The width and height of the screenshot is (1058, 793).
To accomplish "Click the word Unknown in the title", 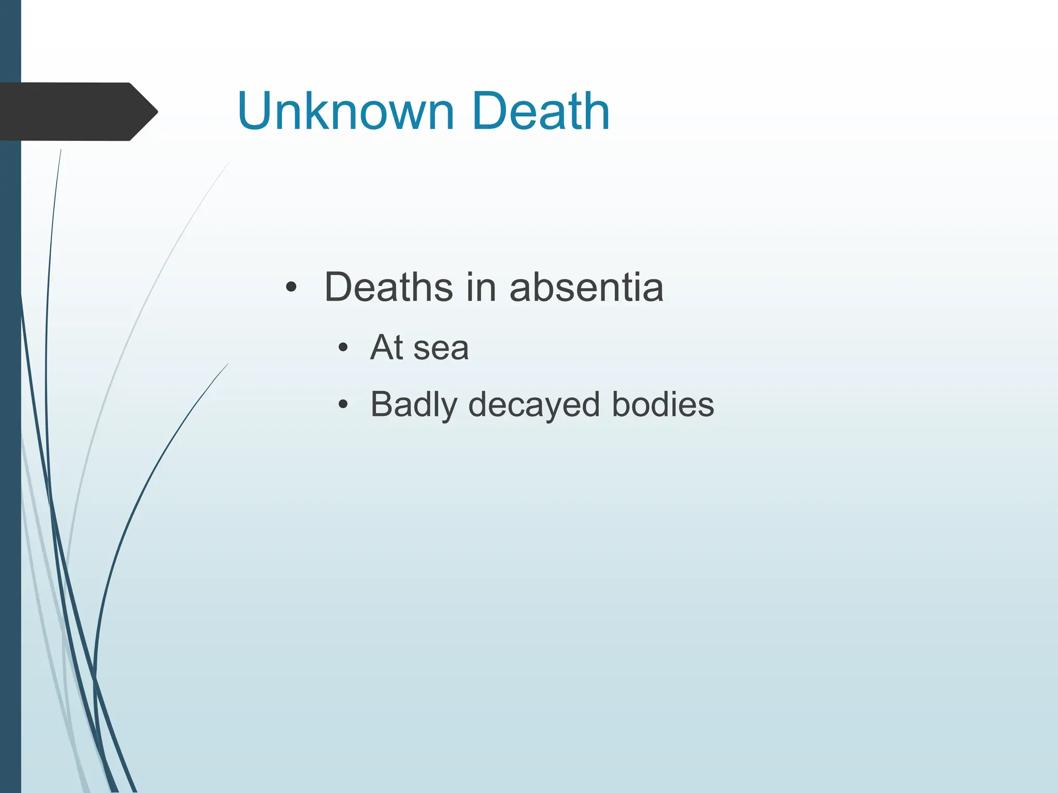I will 346,111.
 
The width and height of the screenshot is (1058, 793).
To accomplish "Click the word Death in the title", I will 540,111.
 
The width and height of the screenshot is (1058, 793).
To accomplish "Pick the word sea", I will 441,348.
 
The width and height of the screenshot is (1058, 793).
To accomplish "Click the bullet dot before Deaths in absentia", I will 291,287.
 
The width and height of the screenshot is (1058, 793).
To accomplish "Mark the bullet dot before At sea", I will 343,347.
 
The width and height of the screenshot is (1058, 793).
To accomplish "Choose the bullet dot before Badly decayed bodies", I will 343,404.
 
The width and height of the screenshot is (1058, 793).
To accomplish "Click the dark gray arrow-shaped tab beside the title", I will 72,112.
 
